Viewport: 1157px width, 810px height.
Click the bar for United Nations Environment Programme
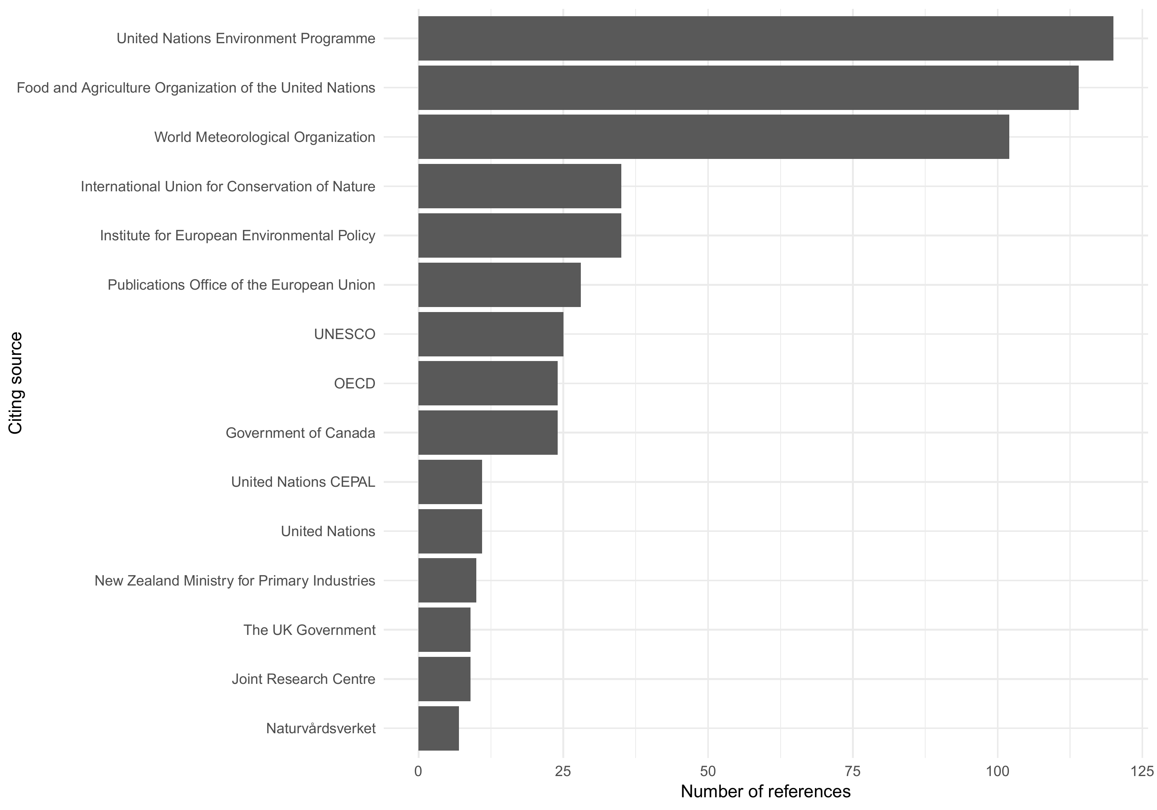[766, 38]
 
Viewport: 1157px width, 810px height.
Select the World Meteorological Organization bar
[713, 137]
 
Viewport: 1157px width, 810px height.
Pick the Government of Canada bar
[488, 432]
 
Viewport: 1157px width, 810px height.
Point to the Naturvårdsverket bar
[439, 728]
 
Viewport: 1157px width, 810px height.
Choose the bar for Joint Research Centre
[444, 679]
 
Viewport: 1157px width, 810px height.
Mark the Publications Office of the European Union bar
[499, 285]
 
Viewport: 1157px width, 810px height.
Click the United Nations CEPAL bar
[450, 482]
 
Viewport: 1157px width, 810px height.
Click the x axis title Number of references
[766, 792]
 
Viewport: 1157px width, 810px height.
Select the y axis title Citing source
[16, 383]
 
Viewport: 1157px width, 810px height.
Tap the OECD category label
[354, 383]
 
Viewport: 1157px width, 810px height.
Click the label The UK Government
[309, 630]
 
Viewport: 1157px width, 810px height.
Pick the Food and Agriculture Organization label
[196, 88]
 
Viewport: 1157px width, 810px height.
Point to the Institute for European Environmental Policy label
[237, 235]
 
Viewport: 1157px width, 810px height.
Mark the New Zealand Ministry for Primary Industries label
[235, 580]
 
